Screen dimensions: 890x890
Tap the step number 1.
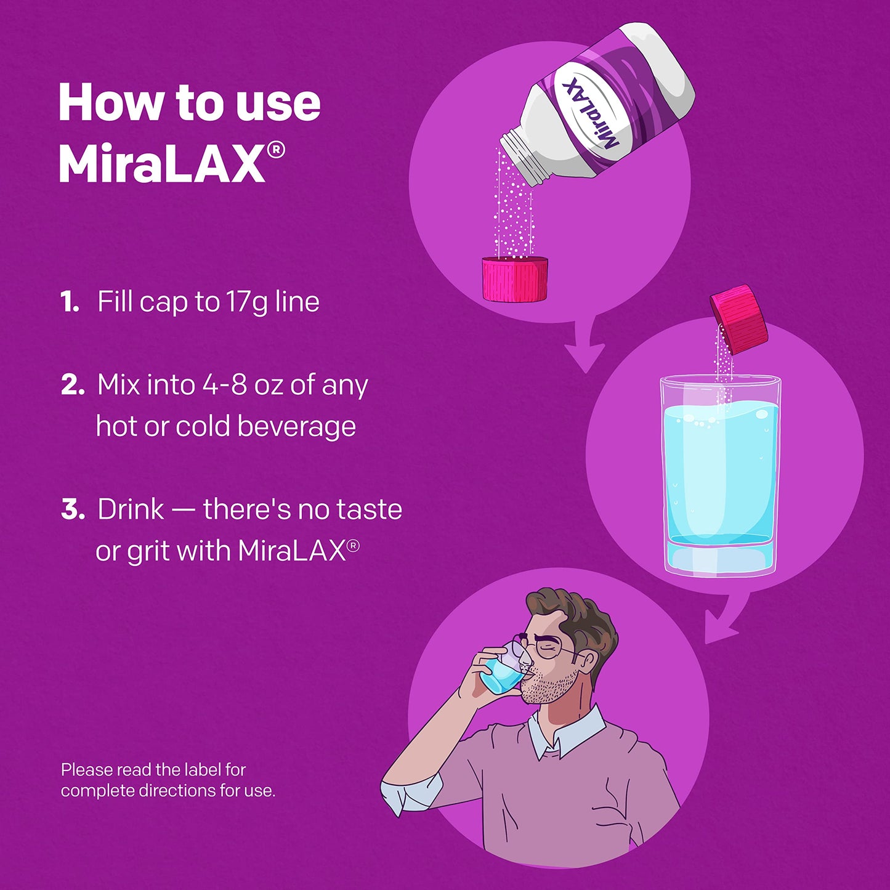[70, 302]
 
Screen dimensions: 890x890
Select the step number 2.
[72, 386]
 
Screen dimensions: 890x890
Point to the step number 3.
[73, 510]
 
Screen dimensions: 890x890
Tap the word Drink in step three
[131, 510]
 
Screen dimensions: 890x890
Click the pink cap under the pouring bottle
[515, 279]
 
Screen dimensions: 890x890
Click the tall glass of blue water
[719, 474]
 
